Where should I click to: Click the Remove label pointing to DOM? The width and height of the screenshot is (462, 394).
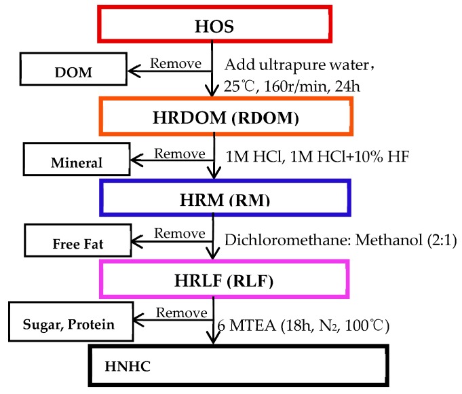(x=175, y=62)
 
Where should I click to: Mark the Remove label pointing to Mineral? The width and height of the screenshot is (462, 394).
(x=179, y=152)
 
